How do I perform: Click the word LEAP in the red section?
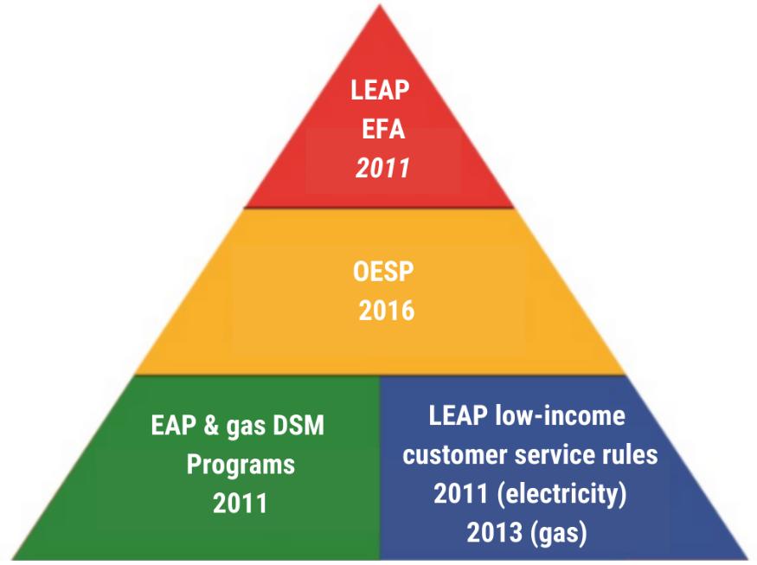coord(382,91)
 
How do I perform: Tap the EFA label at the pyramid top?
coord(382,130)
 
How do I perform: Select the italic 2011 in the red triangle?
coord(382,167)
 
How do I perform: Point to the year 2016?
coord(387,310)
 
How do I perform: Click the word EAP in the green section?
coord(171,427)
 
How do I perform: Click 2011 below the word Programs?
coord(241,503)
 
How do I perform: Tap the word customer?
coord(455,455)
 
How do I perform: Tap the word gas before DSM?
coord(251,427)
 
